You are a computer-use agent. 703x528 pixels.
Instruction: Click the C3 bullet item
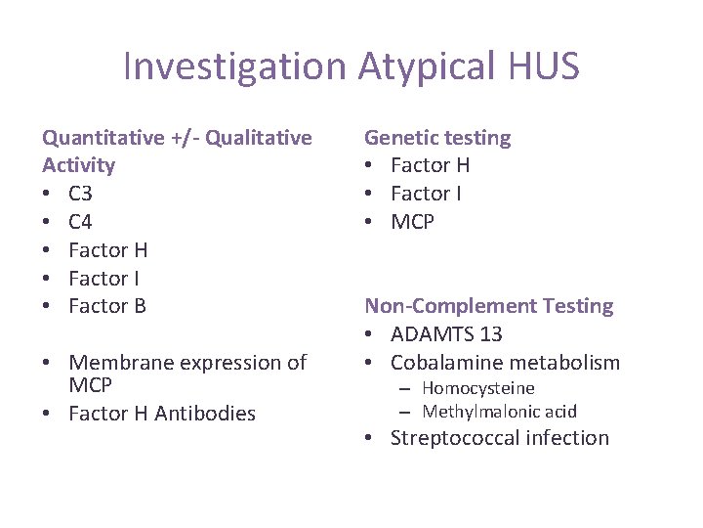80,194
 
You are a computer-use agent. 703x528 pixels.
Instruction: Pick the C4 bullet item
80,222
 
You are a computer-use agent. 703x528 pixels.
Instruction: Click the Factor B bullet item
107,306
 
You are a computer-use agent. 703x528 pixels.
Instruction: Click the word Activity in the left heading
79,165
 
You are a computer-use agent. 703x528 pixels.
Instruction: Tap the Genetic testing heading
437,138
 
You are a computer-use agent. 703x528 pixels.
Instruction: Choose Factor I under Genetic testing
427,194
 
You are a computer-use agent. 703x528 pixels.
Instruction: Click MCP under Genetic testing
412,222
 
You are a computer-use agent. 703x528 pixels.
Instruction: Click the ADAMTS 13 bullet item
446,334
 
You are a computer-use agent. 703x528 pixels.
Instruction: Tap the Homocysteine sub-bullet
478,388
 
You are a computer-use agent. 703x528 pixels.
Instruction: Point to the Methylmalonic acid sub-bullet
499,412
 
